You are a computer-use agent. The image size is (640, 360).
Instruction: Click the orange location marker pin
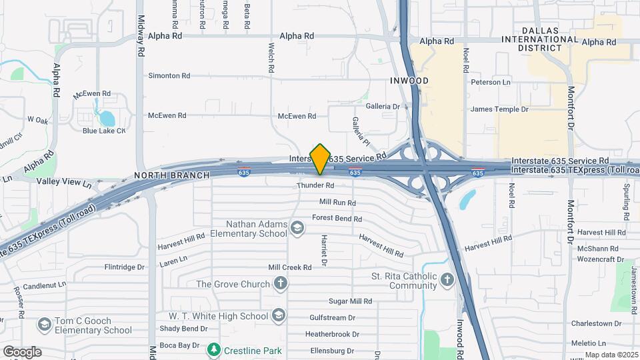[320, 159]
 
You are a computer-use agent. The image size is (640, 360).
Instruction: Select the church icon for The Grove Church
[281, 284]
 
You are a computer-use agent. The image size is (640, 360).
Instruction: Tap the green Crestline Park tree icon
[214, 350]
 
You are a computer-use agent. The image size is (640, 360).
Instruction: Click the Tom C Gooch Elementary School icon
[45, 325]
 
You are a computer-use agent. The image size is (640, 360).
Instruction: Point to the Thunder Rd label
[315, 185]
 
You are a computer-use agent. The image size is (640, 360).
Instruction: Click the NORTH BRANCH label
[172, 175]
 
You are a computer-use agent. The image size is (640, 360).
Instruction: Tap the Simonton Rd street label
[173, 75]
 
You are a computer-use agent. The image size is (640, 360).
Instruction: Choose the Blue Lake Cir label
[103, 131]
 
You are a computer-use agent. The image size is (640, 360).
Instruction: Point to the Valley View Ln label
[63, 181]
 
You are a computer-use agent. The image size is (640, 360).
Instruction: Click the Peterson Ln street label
[490, 82]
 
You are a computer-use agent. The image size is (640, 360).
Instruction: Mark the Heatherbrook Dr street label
[332, 334]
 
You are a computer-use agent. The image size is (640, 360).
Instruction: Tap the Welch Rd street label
[271, 58]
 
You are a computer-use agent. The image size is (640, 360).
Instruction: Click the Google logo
[22, 352]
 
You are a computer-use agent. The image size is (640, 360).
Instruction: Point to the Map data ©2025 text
[611, 355]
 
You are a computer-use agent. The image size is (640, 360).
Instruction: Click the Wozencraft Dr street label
[601, 259]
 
